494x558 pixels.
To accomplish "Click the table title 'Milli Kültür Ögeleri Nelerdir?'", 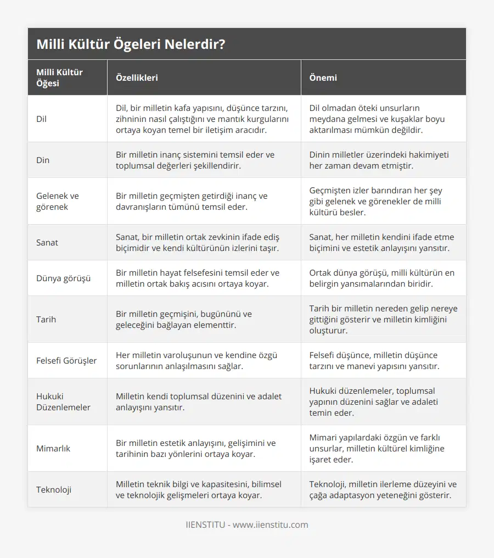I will (x=131, y=44).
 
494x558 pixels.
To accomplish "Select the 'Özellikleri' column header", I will (x=137, y=77).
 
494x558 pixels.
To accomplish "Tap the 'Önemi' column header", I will (x=323, y=77).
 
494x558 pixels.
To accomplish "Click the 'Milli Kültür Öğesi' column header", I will (x=59, y=77).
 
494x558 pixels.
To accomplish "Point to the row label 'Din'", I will (x=43, y=160).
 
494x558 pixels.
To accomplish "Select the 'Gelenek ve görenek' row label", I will (x=58, y=201).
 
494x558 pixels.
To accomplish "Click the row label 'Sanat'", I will (x=47, y=242).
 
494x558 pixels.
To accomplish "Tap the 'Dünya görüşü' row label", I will (x=64, y=278).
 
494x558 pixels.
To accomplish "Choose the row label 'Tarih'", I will (x=46, y=319).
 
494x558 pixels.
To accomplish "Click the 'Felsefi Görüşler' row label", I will (x=66, y=360).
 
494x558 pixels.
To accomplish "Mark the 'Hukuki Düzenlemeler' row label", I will (x=64, y=401).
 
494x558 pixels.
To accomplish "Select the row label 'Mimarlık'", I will (x=53, y=448).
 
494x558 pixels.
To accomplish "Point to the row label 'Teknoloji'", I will (x=54, y=489).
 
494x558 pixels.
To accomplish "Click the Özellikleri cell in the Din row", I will (x=195, y=160).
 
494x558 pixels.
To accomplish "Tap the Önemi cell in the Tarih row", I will (x=383, y=319).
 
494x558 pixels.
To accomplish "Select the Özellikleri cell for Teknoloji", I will (x=199, y=489).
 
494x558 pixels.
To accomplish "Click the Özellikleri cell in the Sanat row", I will (x=198, y=242).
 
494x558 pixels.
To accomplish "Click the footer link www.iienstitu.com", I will (x=270, y=524).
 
